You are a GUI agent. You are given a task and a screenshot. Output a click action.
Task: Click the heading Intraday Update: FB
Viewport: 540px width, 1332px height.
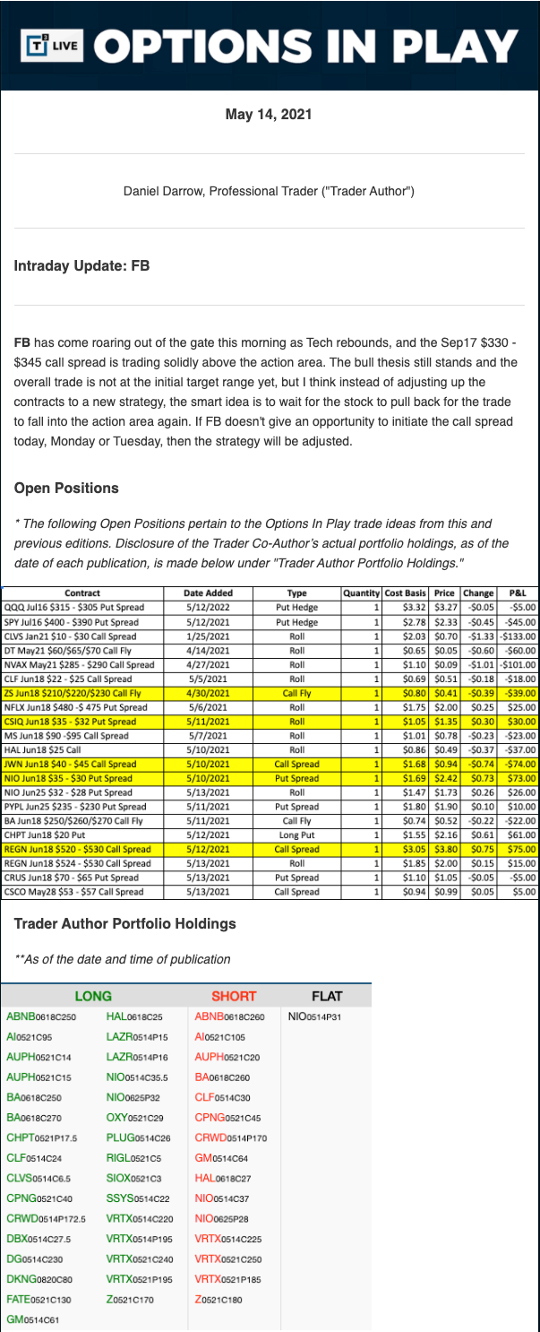pyautogui.click(x=81, y=266)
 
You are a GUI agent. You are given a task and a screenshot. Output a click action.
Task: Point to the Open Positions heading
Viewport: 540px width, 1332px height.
pyautogui.click(x=66, y=489)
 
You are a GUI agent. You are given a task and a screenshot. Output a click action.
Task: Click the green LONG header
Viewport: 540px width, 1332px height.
pyautogui.click(x=92, y=996)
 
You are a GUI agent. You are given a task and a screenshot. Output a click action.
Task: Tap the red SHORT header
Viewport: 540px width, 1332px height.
pyautogui.click(x=234, y=996)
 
